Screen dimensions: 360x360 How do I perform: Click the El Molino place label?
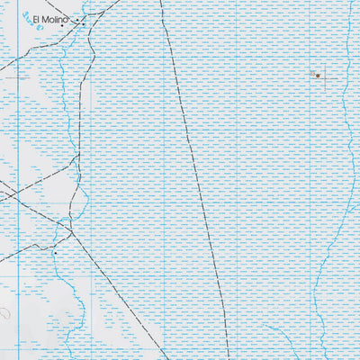pyautogui.click(x=51, y=20)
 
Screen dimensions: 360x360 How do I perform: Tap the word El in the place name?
pyautogui.click(x=36, y=20)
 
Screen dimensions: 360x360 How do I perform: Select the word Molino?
pyautogui.click(x=57, y=20)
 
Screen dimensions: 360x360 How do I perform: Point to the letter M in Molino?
pyautogui.click(x=46, y=20)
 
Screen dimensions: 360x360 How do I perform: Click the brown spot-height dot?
pyautogui.click(x=318, y=76)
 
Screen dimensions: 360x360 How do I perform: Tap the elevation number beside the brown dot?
pyautogui.click(x=310, y=72)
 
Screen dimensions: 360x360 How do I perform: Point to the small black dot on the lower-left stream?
pyautogui.click(x=53, y=254)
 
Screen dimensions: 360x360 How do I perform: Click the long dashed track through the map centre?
pyautogui.click(x=193, y=162)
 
